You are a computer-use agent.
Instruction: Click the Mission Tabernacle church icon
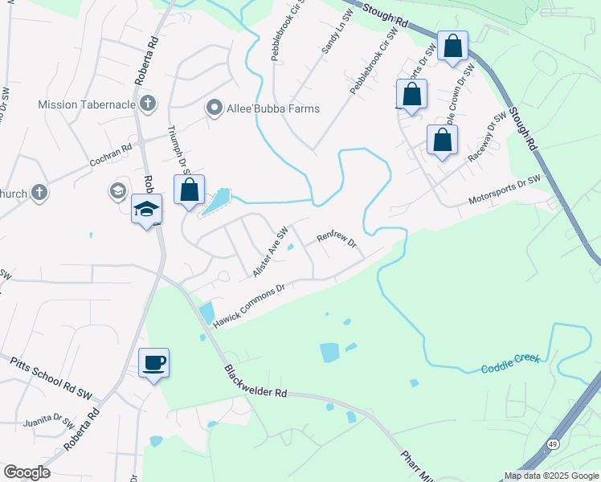click(x=147, y=103)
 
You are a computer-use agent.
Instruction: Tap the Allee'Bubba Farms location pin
click(x=215, y=108)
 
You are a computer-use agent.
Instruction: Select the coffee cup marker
click(x=154, y=363)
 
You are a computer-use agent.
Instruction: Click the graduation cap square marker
click(x=147, y=209)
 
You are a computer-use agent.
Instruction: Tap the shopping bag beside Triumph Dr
click(x=190, y=190)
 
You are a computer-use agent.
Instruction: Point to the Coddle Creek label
click(x=510, y=363)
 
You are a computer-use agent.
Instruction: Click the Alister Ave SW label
click(x=270, y=251)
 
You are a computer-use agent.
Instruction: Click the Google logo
click(x=27, y=472)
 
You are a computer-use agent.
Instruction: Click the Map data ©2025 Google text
click(x=550, y=476)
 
